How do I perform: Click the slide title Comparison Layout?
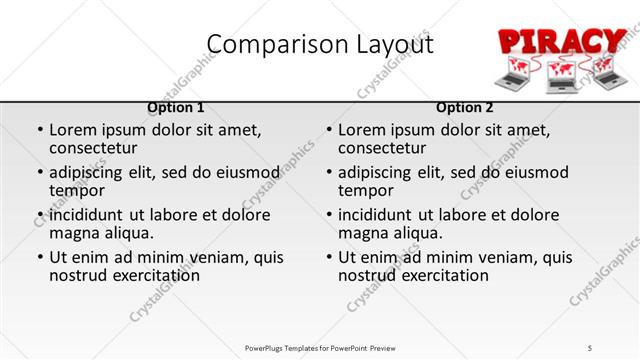click(320, 44)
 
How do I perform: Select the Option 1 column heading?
click(176, 107)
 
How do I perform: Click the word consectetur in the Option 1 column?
click(98, 149)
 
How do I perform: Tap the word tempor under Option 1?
click(77, 191)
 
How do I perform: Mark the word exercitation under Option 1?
click(154, 275)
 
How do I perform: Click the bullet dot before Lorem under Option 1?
click(40, 131)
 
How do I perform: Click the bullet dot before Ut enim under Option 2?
click(329, 257)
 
